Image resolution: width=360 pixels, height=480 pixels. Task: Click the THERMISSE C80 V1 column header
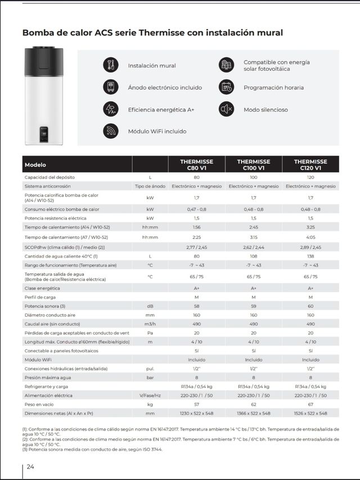click(x=196, y=165)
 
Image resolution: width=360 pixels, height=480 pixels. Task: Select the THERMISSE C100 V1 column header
click(x=254, y=165)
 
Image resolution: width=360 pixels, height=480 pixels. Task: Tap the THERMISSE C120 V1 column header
click(x=310, y=165)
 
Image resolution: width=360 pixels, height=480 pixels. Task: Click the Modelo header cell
click(x=35, y=165)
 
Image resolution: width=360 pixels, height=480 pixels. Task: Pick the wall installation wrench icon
click(x=110, y=65)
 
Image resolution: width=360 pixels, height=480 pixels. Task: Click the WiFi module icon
click(x=110, y=131)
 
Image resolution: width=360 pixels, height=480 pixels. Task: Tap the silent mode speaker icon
click(x=226, y=109)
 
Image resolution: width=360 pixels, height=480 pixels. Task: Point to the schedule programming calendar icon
click(x=226, y=87)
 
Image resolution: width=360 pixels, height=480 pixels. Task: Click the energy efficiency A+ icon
click(x=110, y=109)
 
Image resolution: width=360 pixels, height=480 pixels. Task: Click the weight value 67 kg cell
click(x=310, y=404)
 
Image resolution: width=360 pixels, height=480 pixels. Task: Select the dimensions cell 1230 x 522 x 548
click(x=196, y=413)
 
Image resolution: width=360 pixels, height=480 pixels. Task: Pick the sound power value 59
click(x=254, y=306)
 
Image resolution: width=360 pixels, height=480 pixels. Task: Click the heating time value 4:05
click(x=310, y=237)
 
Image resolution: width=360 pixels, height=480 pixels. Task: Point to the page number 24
click(x=30, y=467)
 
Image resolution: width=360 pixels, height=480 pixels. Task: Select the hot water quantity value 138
click(x=310, y=256)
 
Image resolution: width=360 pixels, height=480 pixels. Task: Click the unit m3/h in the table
click(x=150, y=324)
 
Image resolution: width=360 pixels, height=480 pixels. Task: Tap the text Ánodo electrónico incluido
click(x=161, y=88)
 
